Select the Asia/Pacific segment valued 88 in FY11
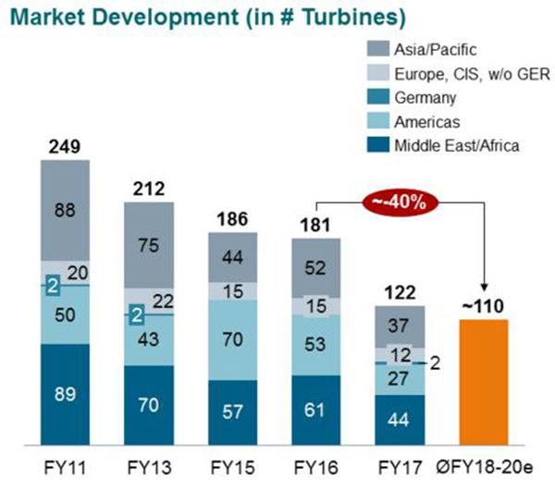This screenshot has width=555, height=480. (x=65, y=211)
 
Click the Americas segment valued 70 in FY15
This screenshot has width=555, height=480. (x=233, y=338)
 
